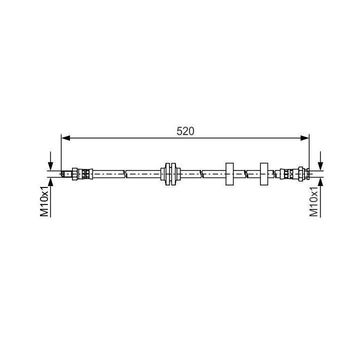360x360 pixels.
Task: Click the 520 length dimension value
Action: (x=185, y=131)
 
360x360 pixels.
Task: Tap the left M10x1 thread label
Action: (x=44, y=201)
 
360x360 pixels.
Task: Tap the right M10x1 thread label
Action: (x=313, y=201)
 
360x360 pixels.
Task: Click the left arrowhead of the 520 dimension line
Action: (x=66, y=138)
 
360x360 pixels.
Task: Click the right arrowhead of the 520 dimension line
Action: (x=304, y=138)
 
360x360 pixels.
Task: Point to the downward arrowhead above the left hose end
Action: (x=50, y=166)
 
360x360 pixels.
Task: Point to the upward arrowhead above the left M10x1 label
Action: (x=50, y=181)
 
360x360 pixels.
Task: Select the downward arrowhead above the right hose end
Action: (x=320, y=166)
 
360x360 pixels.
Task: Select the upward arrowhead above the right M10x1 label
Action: (x=320, y=181)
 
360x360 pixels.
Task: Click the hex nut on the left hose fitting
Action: (x=74, y=174)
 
